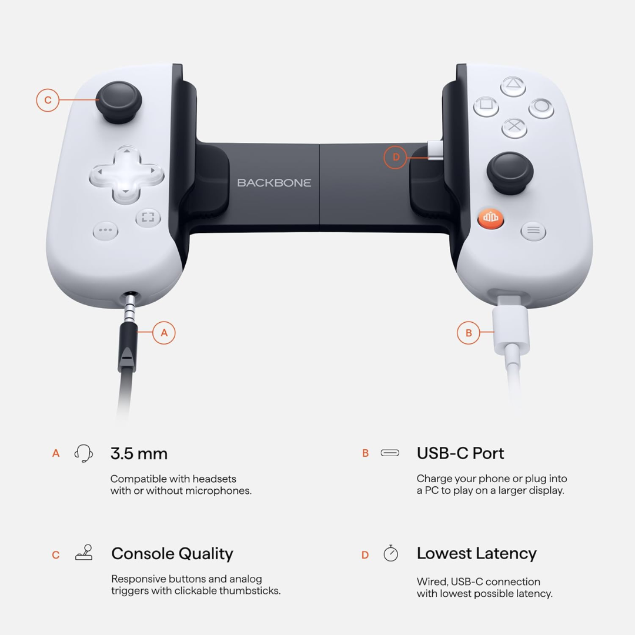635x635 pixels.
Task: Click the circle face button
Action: click(x=541, y=108)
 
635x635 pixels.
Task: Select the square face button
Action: click(x=486, y=106)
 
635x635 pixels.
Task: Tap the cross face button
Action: click(x=514, y=126)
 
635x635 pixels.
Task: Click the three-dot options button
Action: click(x=106, y=230)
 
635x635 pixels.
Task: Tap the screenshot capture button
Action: click(x=148, y=218)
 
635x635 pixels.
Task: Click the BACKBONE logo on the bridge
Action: click(x=274, y=183)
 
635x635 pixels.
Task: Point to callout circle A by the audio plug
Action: click(x=164, y=333)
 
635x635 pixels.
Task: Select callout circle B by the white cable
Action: click(x=469, y=333)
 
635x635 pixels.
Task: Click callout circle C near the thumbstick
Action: click(x=48, y=100)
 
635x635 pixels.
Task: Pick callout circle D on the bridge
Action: click(x=396, y=157)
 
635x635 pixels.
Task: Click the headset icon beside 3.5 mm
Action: click(x=83, y=453)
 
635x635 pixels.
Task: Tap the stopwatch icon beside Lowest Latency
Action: click(x=390, y=553)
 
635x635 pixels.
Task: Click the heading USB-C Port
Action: click(x=460, y=453)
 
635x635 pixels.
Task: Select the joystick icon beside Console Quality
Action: click(x=84, y=553)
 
